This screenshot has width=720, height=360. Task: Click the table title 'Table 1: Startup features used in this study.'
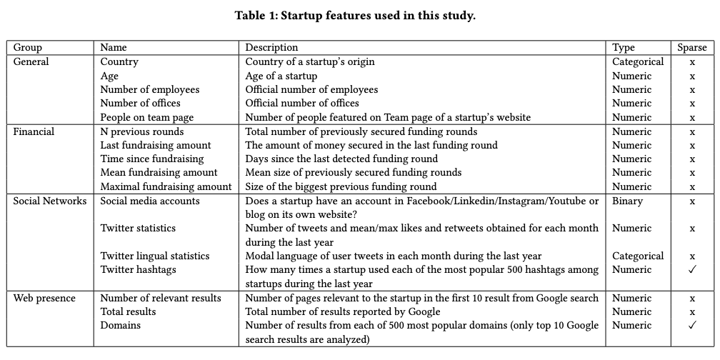[x=355, y=16]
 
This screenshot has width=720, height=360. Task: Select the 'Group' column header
[x=28, y=48]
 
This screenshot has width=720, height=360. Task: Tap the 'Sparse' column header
[x=691, y=48]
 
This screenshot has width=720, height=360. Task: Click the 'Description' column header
[x=271, y=48]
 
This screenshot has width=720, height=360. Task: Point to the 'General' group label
[x=31, y=61]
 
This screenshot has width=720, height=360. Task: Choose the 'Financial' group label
[x=34, y=131]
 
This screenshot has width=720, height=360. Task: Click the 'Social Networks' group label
[x=50, y=201]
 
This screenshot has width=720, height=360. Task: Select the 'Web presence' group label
[x=44, y=298]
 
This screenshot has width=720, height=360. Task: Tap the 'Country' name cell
[x=119, y=61]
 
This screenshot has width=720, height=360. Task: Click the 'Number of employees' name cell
[x=150, y=89]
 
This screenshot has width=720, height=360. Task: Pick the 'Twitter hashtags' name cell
[x=138, y=269]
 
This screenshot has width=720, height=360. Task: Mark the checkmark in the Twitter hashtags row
[x=691, y=269]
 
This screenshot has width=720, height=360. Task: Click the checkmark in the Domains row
[x=691, y=325]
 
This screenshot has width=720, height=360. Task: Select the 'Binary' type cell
[x=627, y=201]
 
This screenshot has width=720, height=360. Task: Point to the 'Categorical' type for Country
[x=638, y=61]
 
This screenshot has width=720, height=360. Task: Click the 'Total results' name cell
[x=128, y=311]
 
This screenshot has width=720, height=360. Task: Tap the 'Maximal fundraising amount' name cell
[x=166, y=186]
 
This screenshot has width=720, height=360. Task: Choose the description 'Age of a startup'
[x=281, y=76]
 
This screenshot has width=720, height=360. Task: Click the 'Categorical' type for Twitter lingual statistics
[x=638, y=256]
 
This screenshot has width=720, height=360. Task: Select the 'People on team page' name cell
[x=147, y=117]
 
